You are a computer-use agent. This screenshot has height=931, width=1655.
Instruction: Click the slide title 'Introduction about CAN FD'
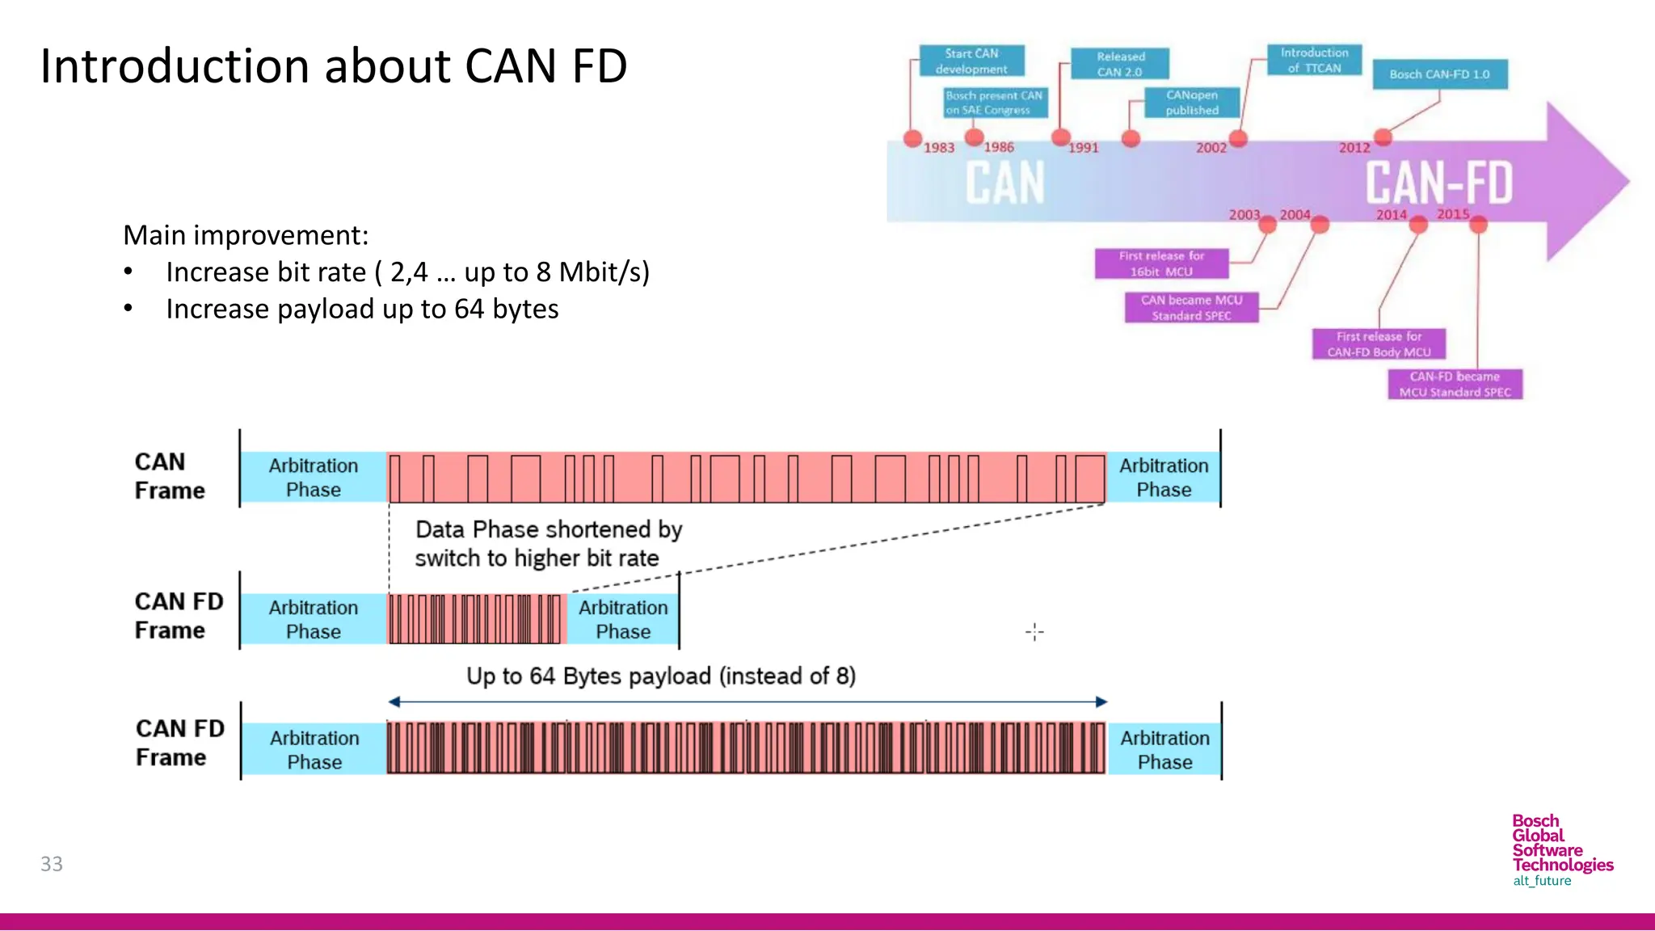[x=333, y=66]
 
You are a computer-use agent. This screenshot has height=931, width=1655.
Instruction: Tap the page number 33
[x=52, y=864]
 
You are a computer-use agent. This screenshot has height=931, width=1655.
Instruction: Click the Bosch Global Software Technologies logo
[x=1561, y=850]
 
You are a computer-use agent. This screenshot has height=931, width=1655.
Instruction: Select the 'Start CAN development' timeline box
[x=971, y=61]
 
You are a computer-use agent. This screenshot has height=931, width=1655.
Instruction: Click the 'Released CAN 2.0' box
[x=1120, y=64]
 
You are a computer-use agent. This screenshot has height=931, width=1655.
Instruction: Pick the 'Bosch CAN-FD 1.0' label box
[x=1439, y=74]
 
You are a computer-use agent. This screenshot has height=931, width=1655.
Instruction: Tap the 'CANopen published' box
[x=1191, y=103]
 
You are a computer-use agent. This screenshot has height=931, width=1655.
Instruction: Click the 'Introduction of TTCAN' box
[x=1314, y=61]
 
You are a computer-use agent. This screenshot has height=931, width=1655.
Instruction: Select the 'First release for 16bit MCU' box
[x=1161, y=263]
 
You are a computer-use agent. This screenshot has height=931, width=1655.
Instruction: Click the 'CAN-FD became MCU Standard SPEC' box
[x=1455, y=385]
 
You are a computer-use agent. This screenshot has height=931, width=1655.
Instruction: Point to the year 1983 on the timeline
[x=939, y=148]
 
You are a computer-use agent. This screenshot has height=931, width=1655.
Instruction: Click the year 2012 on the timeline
[x=1354, y=148]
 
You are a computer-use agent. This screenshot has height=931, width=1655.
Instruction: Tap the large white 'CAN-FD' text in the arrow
[x=1438, y=183]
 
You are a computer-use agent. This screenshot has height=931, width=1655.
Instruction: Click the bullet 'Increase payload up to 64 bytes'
[x=362, y=310]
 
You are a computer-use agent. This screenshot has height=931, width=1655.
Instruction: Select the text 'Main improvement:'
[x=246, y=235]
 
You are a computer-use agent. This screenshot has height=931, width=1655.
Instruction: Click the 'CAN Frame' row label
[x=170, y=476]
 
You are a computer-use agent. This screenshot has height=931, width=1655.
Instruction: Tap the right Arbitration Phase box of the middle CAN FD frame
[x=623, y=620]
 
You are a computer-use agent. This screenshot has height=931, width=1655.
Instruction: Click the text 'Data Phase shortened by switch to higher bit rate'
[x=548, y=544]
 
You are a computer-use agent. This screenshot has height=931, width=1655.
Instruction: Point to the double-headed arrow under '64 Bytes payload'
[x=747, y=702]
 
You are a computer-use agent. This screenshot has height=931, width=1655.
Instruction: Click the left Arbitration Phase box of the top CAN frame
[x=314, y=478]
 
